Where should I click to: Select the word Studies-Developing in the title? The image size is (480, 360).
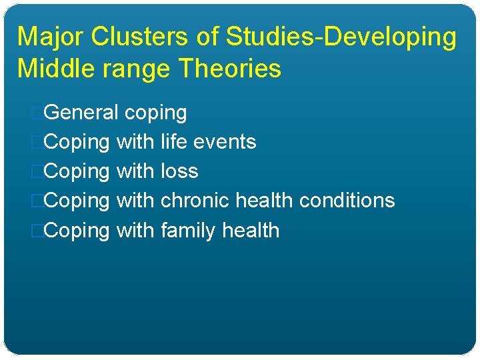[x=341, y=37]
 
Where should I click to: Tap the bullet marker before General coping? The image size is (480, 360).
[x=37, y=113]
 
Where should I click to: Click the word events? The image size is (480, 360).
[x=223, y=142]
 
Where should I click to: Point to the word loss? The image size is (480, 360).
[x=179, y=171]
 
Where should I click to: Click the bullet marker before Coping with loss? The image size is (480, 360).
[x=37, y=171]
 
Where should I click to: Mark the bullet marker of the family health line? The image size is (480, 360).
[x=37, y=231]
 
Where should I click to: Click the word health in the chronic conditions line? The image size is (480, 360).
[x=268, y=201]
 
